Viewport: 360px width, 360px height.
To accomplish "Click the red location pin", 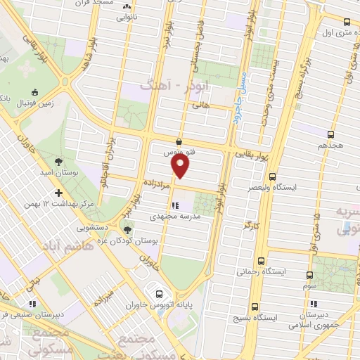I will coord(181,167).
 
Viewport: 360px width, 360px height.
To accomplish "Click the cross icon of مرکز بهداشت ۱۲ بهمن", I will coord(58,193).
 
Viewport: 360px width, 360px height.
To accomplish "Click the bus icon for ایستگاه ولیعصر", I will coord(273,177).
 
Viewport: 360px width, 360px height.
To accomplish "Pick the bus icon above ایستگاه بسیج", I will coord(255,306).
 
